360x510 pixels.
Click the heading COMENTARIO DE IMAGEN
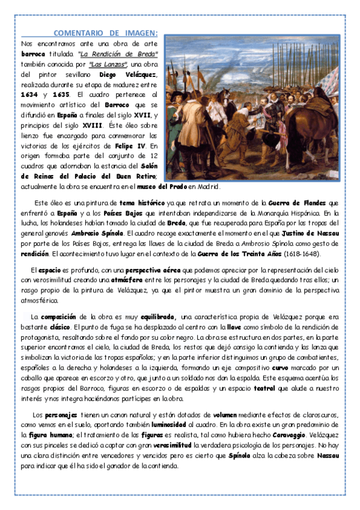[106, 33]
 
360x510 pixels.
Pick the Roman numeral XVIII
[96, 125]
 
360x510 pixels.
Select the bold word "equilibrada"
[158, 316]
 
